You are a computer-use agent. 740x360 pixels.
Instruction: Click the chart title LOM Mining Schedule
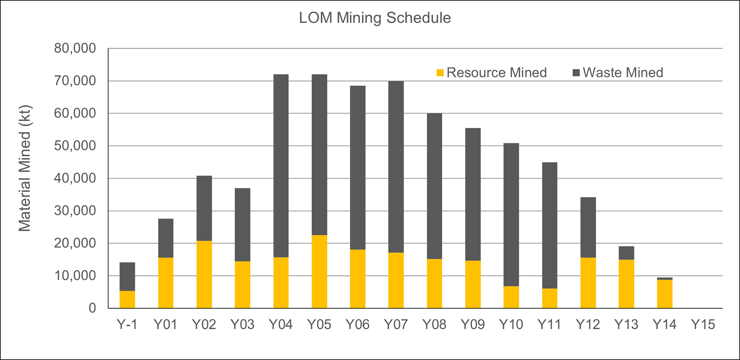pyautogui.click(x=375, y=18)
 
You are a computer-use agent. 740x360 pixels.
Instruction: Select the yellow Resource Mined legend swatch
pyautogui.click(x=440, y=73)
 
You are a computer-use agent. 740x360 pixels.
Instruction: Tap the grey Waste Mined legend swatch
pyautogui.click(x=576, y=73)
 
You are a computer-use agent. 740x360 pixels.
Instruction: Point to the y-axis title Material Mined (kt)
pyautogui.click(x=25, y=169)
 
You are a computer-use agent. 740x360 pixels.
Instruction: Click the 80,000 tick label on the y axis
pyautogui.click(x=75, y=48)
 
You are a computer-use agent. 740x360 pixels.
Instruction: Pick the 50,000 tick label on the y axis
pyautogui.click(x=75, y=146)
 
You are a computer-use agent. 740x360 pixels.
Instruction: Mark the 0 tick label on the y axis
pyautogui.click(x=92, y=308)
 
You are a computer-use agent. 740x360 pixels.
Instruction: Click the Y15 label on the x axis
pyautogui.click(x=703, y=324)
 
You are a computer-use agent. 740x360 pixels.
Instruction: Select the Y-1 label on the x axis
pyautogui.click(x=127, y=324)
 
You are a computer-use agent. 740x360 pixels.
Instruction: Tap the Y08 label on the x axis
pyautogui.click(x=434, y=324)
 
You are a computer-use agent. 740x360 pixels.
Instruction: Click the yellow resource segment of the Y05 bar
pyautogui.click(x=319, y=272)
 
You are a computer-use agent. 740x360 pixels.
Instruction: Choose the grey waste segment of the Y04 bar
pyautogui.click(x=281, y=166)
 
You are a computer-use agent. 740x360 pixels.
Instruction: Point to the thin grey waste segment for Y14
pyautogui.click(x=665, y=279)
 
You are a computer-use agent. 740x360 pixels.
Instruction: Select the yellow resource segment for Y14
pyautogui.click(x=665, y=294)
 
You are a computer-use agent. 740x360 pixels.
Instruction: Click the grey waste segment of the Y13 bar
pyautogui.click(x=626, y=253)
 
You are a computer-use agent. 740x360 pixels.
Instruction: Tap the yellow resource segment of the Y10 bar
pyautogui.click(x=511, y=297)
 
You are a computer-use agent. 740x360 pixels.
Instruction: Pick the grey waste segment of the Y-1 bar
pyautogui.click(x=127, y=277)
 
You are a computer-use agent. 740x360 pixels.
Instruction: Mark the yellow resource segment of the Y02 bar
pyautogui.click(x=204, y=275)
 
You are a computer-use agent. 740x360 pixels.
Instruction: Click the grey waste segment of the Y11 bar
pyautogui.click(x=549, y=225)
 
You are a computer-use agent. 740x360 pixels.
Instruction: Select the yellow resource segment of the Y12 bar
pyautogui.click(x=588, y=283)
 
